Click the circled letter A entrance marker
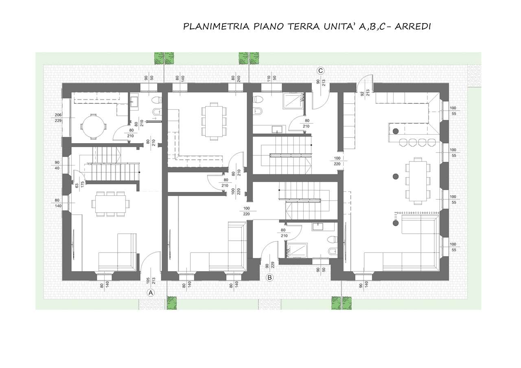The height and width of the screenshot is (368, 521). [151, 293]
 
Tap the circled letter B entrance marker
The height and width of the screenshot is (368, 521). [269, 277]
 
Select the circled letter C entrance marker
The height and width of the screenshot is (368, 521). [320, 71]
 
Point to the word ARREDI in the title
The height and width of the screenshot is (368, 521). [413, 26]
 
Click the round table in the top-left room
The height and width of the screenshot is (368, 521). [93, 127]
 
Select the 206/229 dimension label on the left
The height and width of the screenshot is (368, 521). [58, 118]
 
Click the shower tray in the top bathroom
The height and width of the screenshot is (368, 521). [293, 101]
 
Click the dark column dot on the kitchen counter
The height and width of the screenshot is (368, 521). [395, 131]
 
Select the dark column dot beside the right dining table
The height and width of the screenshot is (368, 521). [395, 176]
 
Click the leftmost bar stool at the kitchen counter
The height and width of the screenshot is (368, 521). [403, 142]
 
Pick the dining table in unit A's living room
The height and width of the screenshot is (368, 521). [110, 204]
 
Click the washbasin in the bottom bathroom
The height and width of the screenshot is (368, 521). [316, 226]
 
